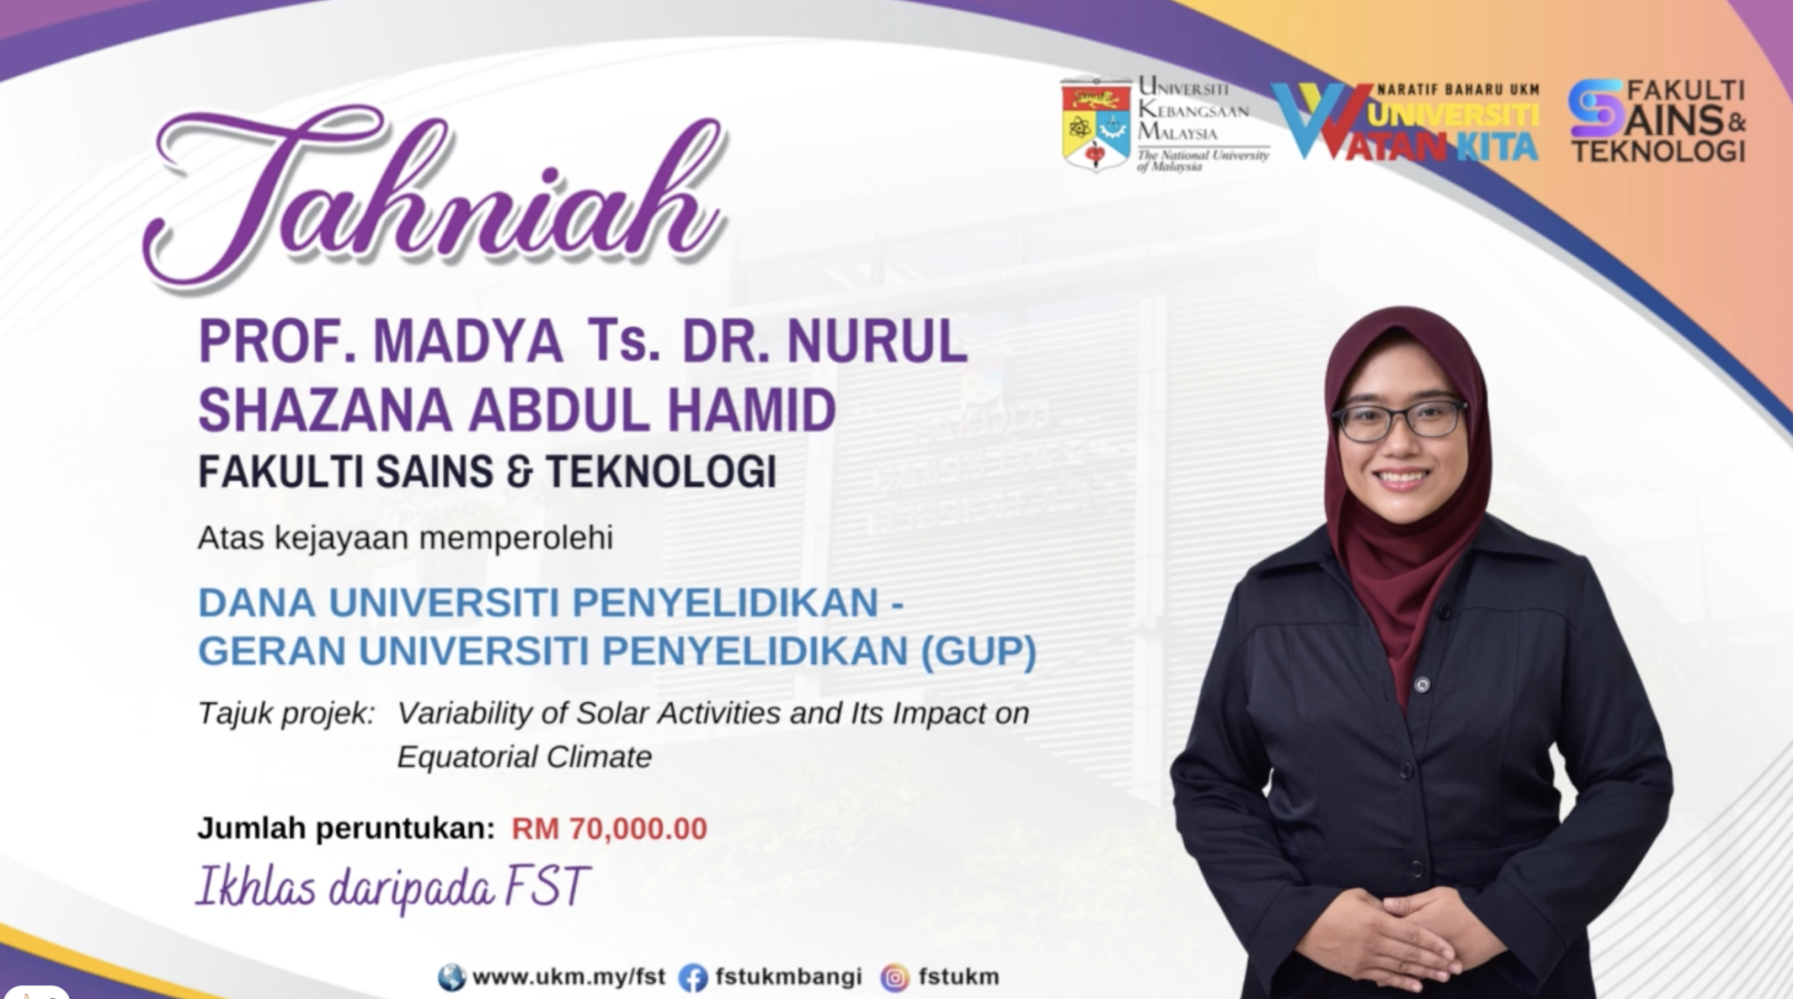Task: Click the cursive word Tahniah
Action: [433, 197]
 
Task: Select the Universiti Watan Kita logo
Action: [1404, 123]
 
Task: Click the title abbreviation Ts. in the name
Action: [623, 341]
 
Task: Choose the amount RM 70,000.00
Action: [609, 828]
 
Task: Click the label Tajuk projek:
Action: [286, 714]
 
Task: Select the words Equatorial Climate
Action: [524, 756]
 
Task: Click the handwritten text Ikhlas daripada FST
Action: [393, 886]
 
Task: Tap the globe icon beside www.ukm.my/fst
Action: [452, 977]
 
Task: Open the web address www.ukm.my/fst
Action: [569, 977]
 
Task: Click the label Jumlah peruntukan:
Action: [346, 828]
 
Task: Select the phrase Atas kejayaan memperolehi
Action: [405, 538]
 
